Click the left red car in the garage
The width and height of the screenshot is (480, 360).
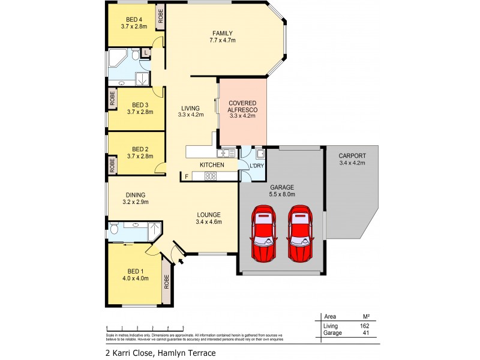pos(264,234)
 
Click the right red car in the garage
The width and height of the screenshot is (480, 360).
pos(300,234)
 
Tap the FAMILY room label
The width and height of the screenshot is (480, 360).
pos(221,33)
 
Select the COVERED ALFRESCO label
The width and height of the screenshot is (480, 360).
pos(242,106)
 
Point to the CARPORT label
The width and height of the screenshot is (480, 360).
pos(352,155)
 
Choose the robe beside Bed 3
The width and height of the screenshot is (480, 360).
pos(112,97)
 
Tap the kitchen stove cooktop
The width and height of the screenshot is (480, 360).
pos(211,176)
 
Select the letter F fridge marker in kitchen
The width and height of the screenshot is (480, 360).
pos(186,176)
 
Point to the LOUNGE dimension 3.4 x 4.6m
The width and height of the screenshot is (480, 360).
pos(208,222)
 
